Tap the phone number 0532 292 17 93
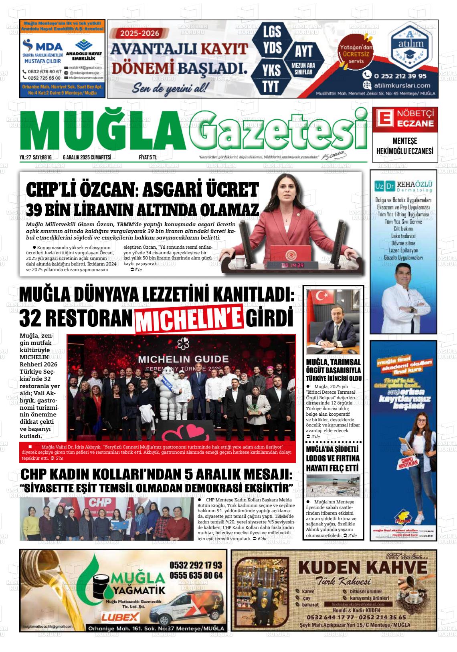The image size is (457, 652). click(196, 565)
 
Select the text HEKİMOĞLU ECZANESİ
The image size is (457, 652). click(405, 151)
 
